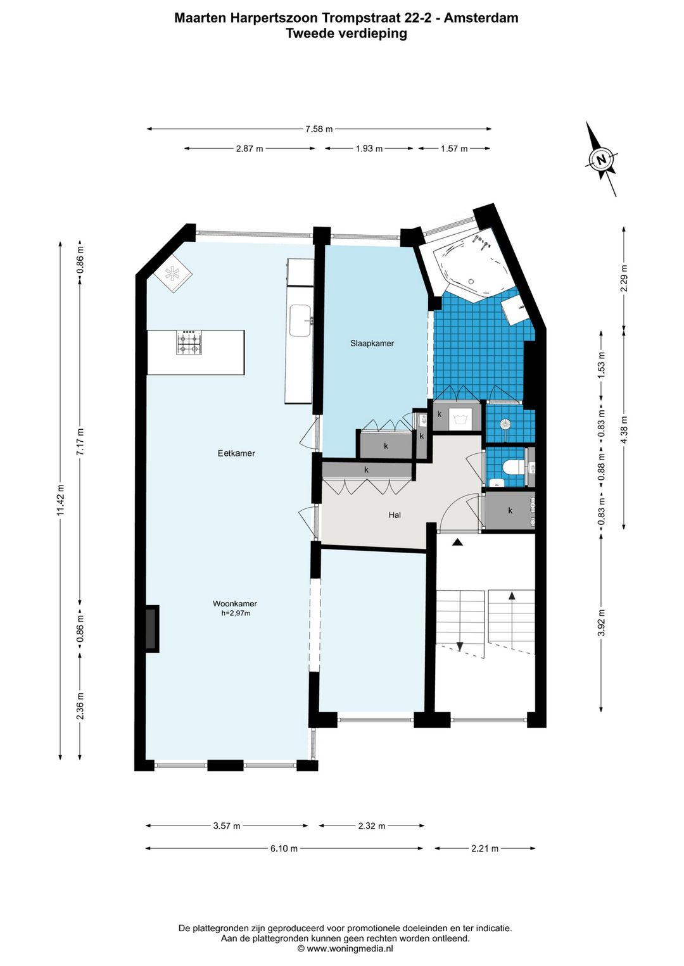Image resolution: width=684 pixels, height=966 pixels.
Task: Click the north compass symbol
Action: [601, 159]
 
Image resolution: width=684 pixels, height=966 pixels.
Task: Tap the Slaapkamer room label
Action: [372, 344]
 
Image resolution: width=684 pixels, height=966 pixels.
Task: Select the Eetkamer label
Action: [236, 453]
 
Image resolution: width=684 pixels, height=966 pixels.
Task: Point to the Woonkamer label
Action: [235, 604]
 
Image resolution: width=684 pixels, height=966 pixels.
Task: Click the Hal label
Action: [395, 515]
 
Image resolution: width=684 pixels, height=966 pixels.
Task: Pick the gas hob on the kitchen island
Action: [189, 342]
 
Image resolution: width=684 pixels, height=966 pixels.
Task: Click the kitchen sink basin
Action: [300, 320]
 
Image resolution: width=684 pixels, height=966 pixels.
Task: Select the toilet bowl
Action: [514, 467]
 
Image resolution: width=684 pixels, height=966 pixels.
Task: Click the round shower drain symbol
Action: [505, 424]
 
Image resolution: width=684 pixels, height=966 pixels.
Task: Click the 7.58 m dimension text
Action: [319, 129]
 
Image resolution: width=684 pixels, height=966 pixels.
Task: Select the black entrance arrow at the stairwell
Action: [457, 543]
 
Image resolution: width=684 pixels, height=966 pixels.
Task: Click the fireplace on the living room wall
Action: [152, 629]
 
